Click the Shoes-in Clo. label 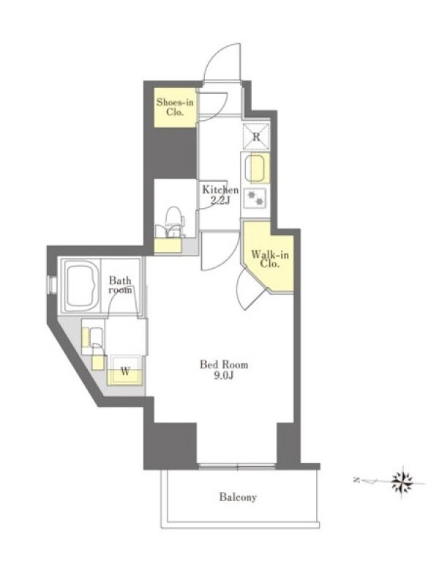point(175,107)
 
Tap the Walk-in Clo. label point(270,259)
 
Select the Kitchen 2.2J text point(220,195)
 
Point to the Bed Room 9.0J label point(224,370)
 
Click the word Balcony point(238,497)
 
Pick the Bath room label point(120,285)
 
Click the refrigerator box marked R point(256,136)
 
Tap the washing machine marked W point(125,370)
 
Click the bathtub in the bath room point(81,286)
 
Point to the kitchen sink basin point(257,168)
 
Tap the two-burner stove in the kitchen point(255,198)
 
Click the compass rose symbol point(402,482)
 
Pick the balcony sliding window point(237,466)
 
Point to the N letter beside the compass point(356,480)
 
